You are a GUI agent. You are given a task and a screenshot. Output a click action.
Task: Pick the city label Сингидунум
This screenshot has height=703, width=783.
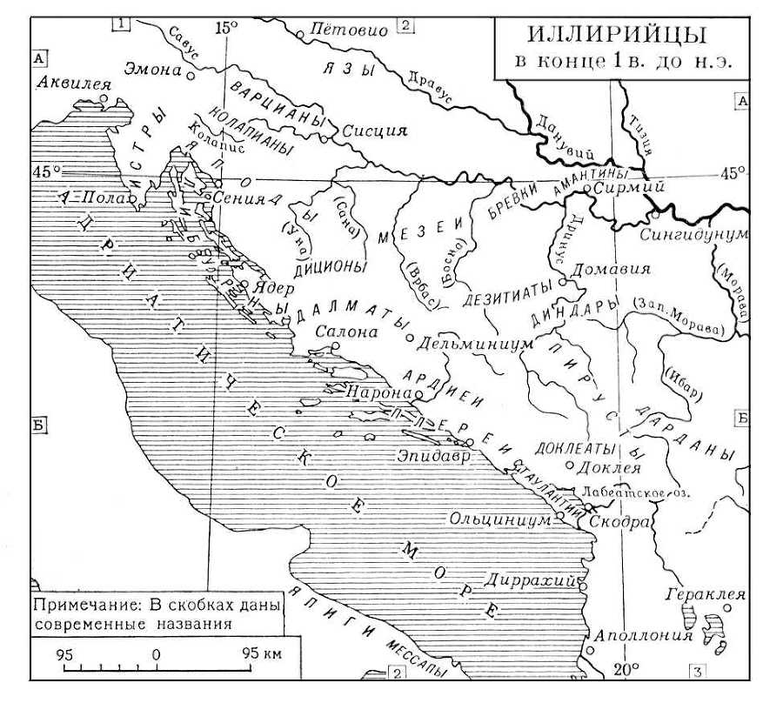pos(706,235)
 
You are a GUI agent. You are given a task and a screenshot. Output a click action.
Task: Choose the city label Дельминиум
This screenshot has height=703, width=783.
pos(474,343)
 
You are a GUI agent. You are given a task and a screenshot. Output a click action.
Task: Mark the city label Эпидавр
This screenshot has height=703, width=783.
pos(433,455)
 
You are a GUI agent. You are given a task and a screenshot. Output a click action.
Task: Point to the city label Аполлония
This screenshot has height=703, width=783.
pos(643,635)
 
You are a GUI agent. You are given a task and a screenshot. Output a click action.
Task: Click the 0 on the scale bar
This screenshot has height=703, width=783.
pos(156,652)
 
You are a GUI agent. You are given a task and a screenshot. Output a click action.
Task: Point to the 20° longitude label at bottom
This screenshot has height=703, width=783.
pos(626,669)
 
